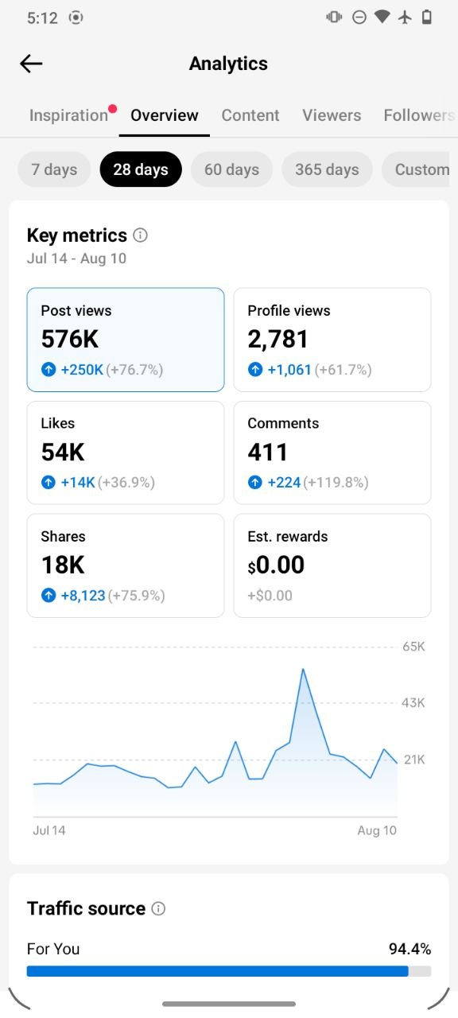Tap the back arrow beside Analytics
point(31,64)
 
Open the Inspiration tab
point(68,115)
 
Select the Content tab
point(250,115)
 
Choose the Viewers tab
point(332,115)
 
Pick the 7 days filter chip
point(54,169)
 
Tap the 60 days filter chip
point(231,169)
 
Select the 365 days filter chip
point(327,169)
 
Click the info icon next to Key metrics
point(140,235)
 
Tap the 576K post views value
point(70,339)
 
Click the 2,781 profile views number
point(278,340)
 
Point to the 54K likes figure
point(63,453)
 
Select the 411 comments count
point(268,453)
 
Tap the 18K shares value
point(63,565)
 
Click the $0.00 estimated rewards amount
point(276,565)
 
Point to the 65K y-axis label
point(413,647)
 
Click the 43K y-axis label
point(413,703)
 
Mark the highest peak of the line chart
point(303,669)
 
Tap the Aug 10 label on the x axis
point(377,830)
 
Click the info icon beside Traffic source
point(158,908)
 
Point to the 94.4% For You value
point(409,949)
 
